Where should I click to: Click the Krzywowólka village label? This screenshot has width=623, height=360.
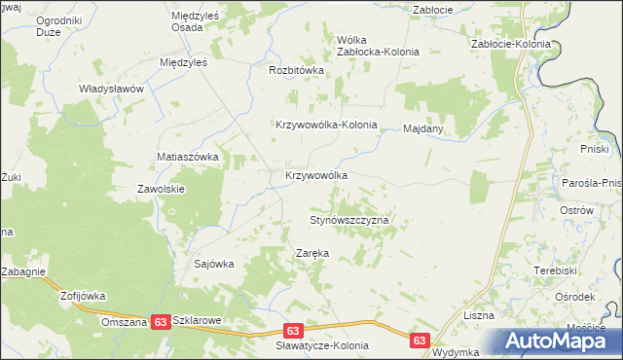[x=315, y=175]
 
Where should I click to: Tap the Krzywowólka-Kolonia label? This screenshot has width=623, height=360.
[x=339, y=126]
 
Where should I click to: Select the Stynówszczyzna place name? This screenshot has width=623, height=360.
[x=349, y=221]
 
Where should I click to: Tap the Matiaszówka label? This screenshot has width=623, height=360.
[x=189, y=156]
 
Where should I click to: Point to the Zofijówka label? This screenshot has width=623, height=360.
[x=82, y=295]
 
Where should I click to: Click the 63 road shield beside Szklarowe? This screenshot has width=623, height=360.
[x=162, y=321]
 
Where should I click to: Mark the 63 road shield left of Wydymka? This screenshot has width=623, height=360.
[x=420, y=341]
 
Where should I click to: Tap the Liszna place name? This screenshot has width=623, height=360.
[x=479, y=315]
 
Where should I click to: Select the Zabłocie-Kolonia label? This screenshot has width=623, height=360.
[x=510, y=45]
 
